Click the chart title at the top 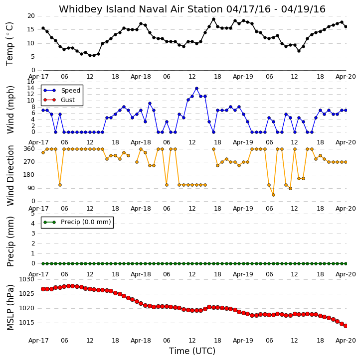[192, 9]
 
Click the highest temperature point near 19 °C [213, 19]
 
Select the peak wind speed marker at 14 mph [196, 89]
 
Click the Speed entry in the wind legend [62, 91]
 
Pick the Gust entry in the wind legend [59, 100]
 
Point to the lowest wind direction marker [273, 195]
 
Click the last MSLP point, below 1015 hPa [346, 326]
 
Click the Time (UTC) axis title [192, 351]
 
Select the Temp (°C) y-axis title [9, 44]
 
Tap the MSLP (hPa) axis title [10, 307]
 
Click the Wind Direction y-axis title [10, 175]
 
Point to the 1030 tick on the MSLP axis [26, 279]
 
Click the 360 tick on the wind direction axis [29, 149]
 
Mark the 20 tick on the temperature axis [31, 16]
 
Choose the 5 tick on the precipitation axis [33, 214]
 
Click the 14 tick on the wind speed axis [30, 88]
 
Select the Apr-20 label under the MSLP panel [346, 341]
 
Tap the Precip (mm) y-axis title [10, 241]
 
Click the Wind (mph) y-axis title [10, 110]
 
